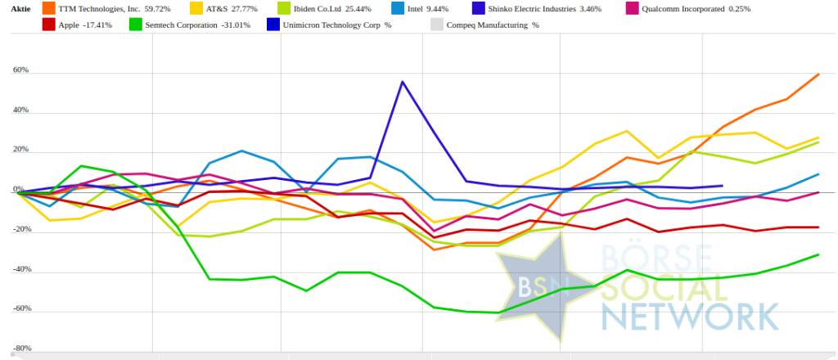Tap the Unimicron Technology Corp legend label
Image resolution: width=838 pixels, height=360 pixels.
(x=337, y=25)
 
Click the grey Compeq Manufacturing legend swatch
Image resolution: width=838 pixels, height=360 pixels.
(x=436, y=25)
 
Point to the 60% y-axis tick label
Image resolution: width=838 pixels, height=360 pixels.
(x=20, y=70)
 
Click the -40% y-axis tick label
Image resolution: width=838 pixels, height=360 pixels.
(x=20, y=269)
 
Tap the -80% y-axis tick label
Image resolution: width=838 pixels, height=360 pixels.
(x=20, y=349)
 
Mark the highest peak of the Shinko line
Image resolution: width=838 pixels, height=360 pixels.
(x=402, y=82)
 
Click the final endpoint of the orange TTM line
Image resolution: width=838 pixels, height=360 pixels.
(x=819, y=74)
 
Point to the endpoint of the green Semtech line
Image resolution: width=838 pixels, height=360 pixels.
(x=819, y=254)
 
